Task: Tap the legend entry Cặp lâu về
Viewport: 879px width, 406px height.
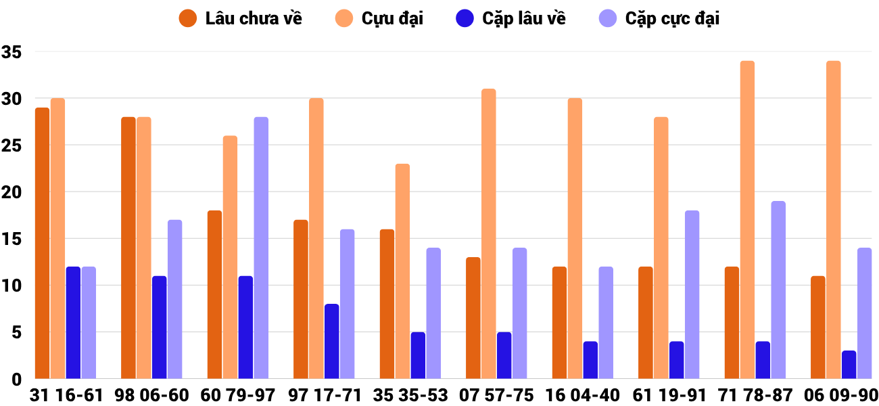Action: (x=510, y=18)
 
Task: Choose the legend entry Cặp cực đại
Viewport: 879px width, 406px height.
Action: (x=659, y=18)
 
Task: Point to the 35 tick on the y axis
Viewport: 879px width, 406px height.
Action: (x=12, y=52)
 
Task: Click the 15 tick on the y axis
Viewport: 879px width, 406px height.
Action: (x=12, y=239)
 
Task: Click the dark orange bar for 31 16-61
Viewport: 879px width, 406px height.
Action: (x=42, y=244)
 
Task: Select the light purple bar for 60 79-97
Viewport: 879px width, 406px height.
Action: (x=261, y=248)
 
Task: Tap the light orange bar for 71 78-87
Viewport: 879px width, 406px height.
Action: (x=747, y=220)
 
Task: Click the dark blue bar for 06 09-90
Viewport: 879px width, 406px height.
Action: (x=849, y=365)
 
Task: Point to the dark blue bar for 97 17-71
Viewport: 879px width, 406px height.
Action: (x=331, y=342)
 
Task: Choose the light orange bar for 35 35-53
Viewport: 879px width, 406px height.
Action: (x=402, y=271)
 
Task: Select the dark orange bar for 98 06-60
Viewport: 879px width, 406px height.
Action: (x=128, y=248)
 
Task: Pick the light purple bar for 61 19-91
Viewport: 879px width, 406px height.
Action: (x=692, y=294)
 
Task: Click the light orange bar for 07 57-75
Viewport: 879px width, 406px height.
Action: (x=489, y=234)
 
